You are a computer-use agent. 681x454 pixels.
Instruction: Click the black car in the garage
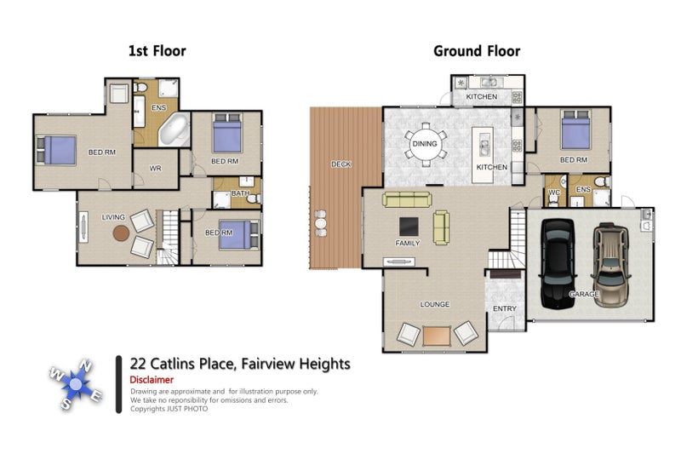click(x=558, y=264)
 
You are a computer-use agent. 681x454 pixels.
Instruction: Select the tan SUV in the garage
click(x=610, y=265)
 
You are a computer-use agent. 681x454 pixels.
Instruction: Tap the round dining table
click(x=425, y=144)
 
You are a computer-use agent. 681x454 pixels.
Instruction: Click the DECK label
click(x=341, y=164)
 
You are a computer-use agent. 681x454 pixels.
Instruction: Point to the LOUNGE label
click(x=435, y=304)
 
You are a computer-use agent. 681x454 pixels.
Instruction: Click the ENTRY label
click(x=505, y=308)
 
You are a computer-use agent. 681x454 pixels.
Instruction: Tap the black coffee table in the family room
click(x=409, y=227)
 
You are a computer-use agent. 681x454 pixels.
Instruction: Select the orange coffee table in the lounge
click(x=437, y=336)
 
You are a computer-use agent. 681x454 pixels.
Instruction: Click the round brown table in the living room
click(x=121, y=233)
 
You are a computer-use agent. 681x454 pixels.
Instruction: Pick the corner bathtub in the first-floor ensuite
click(x=175, y=129)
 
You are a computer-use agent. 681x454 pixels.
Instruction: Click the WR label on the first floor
click(x=156, y=168)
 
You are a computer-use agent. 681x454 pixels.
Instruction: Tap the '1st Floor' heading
click(x=157, y=51)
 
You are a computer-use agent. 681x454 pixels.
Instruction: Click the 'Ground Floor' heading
click(x=477, y=51)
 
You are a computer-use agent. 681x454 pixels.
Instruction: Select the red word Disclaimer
click(x=152, y=380)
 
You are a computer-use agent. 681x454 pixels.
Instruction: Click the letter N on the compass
click(x=86, y=366)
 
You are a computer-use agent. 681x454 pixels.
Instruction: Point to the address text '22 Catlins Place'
click(x=183, y=364)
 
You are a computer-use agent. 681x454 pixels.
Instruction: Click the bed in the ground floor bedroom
click(x=575, y=129)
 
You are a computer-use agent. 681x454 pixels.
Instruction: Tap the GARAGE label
click(x=584, y=294)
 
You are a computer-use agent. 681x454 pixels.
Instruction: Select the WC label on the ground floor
click(x=554, y=193)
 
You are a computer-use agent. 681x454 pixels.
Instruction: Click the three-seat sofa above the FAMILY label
click(x=407, y=199)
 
